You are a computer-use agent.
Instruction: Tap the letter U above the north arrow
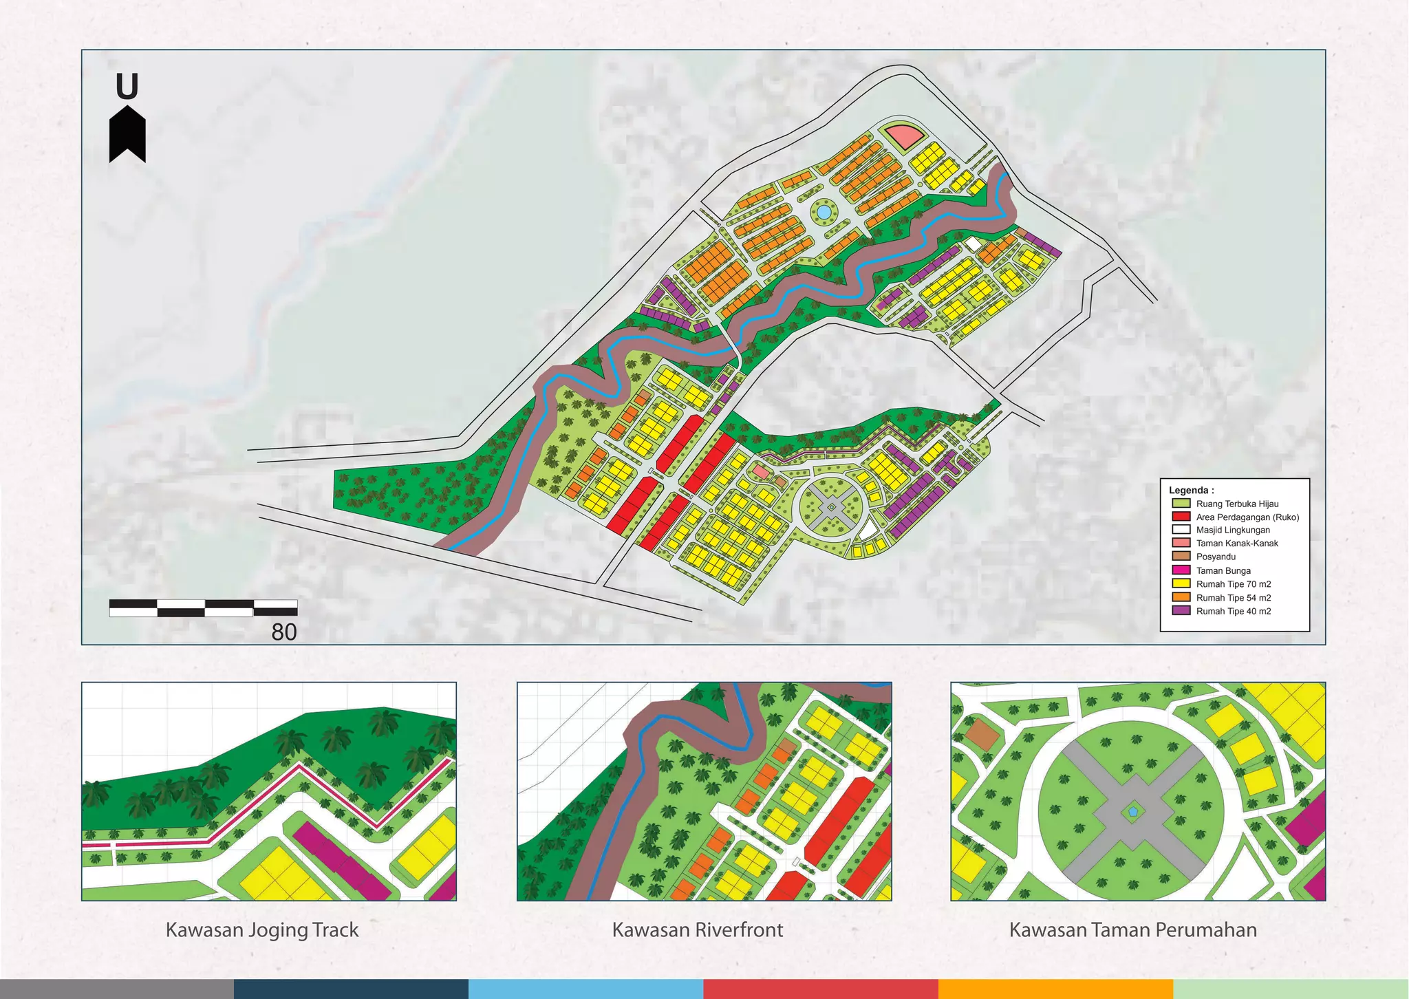click(x=127, y=87)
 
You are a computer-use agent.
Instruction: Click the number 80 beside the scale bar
click(x=283, y=632)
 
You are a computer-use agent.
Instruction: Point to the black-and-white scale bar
click(x=203, y=608)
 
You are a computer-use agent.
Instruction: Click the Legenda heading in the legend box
click(x=1191, y=491)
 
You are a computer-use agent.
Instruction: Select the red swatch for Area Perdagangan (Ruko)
click(x=1181, y=517)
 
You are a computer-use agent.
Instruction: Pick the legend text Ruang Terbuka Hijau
click(x=1237, y=504)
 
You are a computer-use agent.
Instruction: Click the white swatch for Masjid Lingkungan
click(x=1181, y=530)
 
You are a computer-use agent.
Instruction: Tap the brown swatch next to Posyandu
click(x=1181, y=557)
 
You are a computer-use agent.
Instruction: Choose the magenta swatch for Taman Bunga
click(x=1181, y=570)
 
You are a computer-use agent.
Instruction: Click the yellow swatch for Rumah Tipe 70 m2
click(x=1181, y=583)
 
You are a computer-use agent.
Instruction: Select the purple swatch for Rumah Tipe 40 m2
click(x=1181, y=611)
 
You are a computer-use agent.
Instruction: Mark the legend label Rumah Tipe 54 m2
click(x=1234, y=598)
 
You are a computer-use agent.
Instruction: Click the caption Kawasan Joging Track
click(x=262, y=930)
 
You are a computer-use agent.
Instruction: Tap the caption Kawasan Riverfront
click(x=698, y=930)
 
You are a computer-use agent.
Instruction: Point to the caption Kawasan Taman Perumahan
click(x=1132, y=930)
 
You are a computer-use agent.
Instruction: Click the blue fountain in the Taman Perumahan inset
click(x=1133, y=812)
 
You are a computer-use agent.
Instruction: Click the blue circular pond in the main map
click(x=823, y=212)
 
